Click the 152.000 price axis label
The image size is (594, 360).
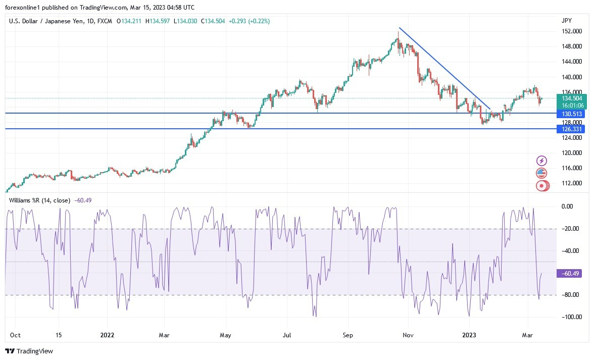click(x=570, y=31)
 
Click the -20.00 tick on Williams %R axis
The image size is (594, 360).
click(x=570, y=229)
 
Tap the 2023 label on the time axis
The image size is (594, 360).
click(x=469, y=334)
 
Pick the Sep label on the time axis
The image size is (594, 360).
click(x=348, y=334)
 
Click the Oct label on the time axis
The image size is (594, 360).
click(x=15, y=334)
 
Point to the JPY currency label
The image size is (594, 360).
click(x=566, y=21)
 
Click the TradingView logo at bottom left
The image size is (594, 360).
click(x=29, y=351)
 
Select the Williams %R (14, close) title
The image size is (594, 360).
click(x=40, y=200)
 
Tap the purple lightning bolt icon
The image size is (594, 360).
click(x=541, y=161)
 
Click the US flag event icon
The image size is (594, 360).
click(x=541, y=173)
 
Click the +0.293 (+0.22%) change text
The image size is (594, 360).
click(x=249, y=21)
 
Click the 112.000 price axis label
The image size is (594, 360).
click(x=570, y=183)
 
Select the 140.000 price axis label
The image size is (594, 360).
click(x=570, y=77)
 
